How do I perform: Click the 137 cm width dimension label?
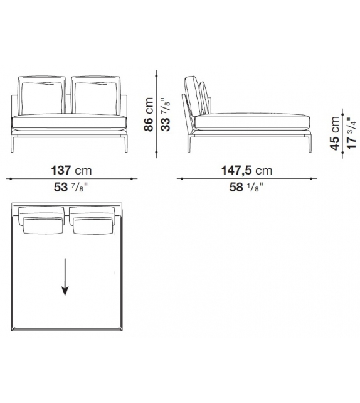[71, 170]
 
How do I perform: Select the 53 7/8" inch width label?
[71, 187]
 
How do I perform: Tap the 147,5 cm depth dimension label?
[246, 170]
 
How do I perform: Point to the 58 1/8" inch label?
[246, 187]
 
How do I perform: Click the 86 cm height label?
[149, 114]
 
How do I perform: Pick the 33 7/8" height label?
[166, 115]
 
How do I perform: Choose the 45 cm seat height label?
[335, 133]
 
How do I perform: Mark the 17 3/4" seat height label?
[351, 133]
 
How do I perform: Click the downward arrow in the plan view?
[65, 277]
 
